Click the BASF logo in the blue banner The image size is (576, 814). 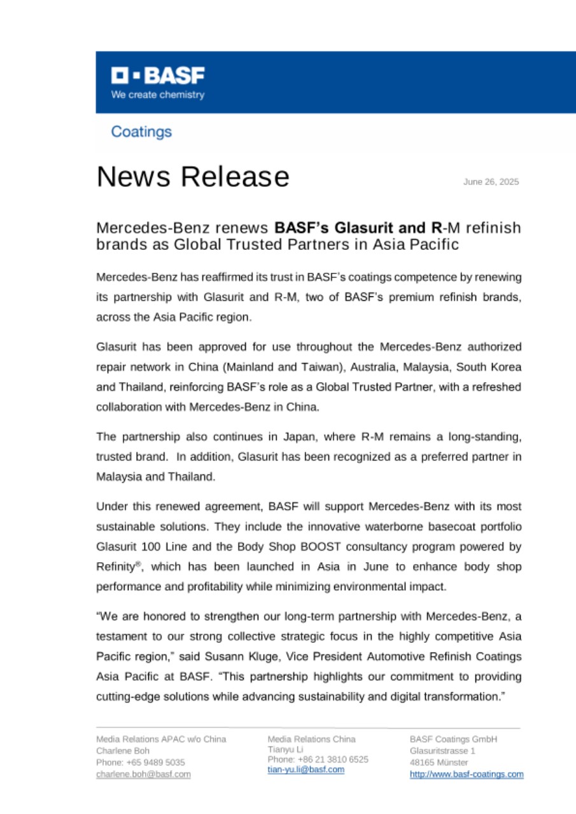coord(158,76)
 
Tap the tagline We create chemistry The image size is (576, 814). coord(158,95)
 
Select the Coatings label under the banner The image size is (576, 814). coord(141,132)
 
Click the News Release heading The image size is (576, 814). coord(193,176)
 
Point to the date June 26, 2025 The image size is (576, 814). coord(491,182)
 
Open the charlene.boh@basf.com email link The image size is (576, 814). coord(143,774)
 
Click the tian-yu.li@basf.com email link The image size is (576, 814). coord(306,769)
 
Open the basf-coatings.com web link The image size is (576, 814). coord(467,774)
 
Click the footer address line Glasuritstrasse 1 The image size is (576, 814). coord(442,750)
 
